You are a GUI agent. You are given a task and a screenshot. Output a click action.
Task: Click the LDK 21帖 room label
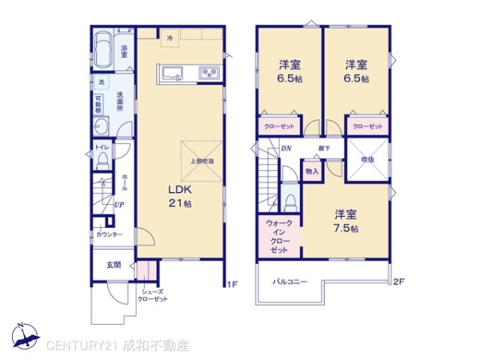pyautogui.click(x=179, y=196)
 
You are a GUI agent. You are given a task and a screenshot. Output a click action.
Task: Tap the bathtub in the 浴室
pyautogui.click(x=103, y=53)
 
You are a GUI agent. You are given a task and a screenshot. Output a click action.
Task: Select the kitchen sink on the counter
pyautogui.click(x=174, y=74)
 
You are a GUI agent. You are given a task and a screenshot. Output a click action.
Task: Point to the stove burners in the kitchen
pyautogui.click(x=209, y=74)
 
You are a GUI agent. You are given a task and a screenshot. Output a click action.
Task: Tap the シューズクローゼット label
pyautogui.click(x=152, y=294)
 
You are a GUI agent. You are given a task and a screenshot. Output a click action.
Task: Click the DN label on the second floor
pyautogui.click(x=286, y=148)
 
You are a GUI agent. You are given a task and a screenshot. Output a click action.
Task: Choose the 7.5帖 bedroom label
pyautogui.click(x=346, y=221)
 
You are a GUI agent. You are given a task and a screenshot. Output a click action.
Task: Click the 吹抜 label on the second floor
pyautogui.click(x=367, y=158)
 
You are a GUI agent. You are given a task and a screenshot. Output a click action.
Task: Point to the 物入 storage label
pyautogui.click(x=311, y=171)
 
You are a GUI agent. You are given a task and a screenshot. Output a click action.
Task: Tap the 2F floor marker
pyautogui.click(x=398, y=282)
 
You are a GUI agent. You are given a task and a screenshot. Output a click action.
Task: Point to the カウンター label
pyautogui.click(x=110, y=234)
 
